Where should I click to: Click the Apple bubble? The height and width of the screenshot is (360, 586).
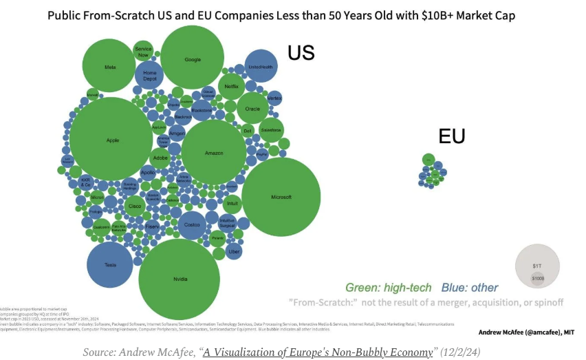(112, 140)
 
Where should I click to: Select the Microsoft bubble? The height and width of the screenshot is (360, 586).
(281, 197)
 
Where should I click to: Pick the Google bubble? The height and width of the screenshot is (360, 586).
(193, 59)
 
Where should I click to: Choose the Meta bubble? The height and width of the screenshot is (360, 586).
(109, 67)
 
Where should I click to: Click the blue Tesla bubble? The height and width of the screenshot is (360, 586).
(110, 265)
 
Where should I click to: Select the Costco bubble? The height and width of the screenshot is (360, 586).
(193, 225)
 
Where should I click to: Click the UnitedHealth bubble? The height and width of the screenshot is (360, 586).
(261, 67)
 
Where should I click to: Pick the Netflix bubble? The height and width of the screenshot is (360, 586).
(231, 87)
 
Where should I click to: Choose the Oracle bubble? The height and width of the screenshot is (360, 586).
(252, 109)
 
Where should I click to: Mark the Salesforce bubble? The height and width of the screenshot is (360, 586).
(270, 129)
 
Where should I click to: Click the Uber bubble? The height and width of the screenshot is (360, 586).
(234, 252)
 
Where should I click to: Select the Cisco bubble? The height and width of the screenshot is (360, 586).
(135, 206)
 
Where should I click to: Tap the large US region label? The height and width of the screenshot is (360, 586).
(301, 53)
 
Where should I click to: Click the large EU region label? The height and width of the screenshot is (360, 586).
(452, 136)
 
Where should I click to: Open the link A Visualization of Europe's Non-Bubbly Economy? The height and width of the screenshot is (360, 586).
(317, 352)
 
